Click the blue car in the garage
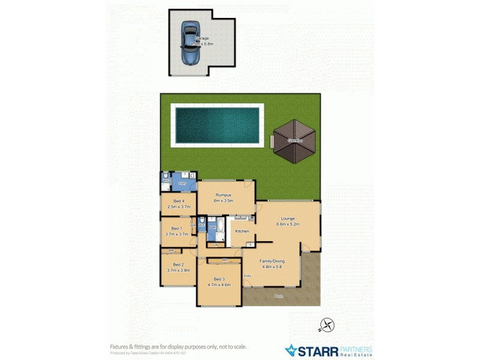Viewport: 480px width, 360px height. click(191, 44)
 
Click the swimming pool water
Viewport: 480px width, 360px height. click(217, 125)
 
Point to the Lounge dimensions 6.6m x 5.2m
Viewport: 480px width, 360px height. click(287, 224)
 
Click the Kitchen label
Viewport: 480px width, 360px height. click(242, 231)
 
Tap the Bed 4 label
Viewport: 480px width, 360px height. click(178, 201)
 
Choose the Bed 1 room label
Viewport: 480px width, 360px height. click(176, 228)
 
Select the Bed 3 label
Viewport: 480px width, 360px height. click(218, 280)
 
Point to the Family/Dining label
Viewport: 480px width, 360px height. click(271, 261)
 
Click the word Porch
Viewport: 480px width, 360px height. click(278, 296)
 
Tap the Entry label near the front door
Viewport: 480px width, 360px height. click(248, 275)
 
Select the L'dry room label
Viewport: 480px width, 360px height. click(182, 183)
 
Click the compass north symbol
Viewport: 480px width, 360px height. click(328, 325)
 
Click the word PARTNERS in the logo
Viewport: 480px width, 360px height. click(356, 349)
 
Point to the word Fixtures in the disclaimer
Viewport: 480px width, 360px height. click(121, 346)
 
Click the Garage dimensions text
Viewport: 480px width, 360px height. click(202, 44)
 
